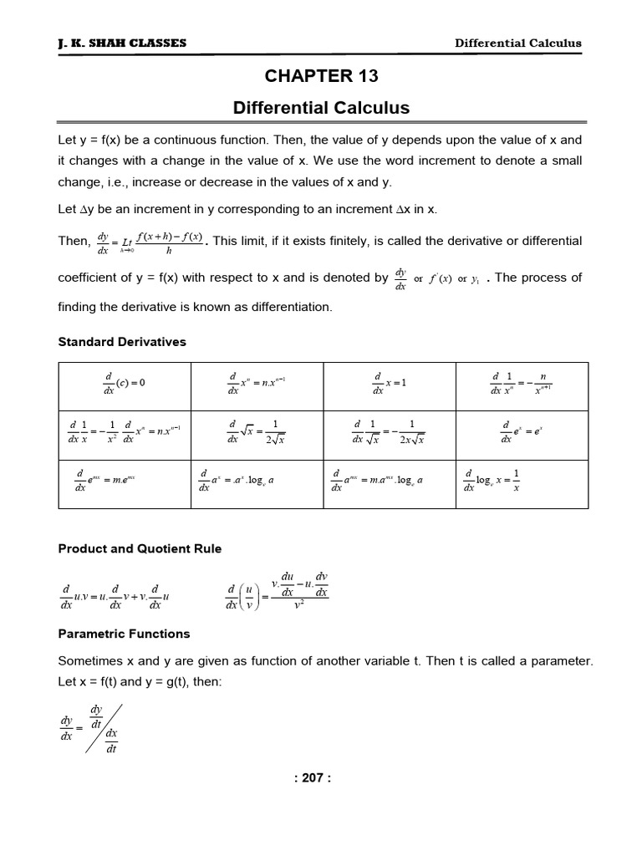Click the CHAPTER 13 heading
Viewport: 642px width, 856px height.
pos(322,76)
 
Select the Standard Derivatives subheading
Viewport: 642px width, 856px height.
pos(122,342)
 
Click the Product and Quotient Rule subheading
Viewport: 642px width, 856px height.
pos(140,548)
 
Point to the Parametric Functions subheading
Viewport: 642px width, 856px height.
pos(124,634)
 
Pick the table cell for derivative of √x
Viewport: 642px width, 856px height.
pos(257,431)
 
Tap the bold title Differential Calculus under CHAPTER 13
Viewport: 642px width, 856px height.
pos(322,108)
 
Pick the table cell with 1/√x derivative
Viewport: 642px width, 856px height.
pos(390,431)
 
